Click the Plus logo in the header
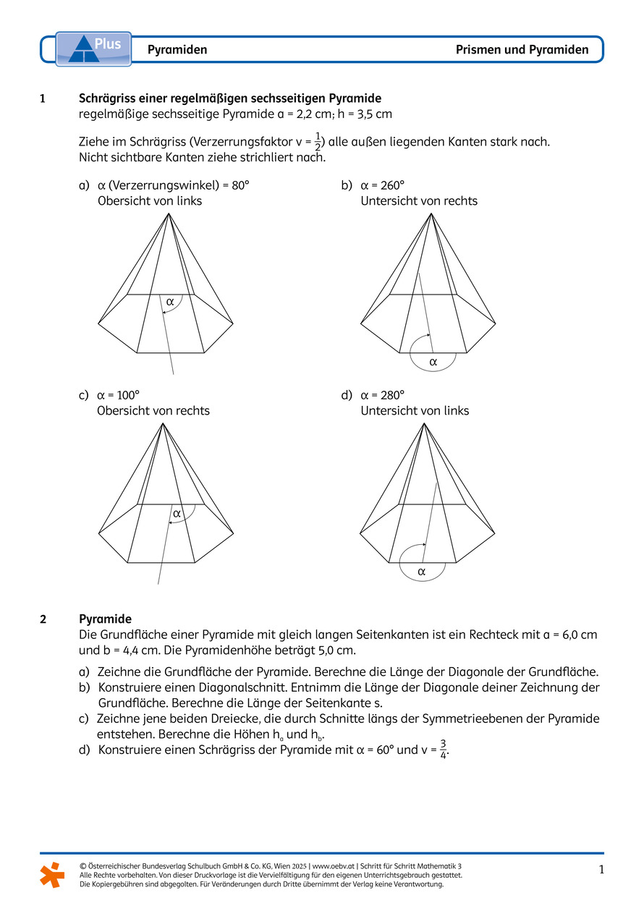[93, 48]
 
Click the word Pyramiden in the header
[177, 50]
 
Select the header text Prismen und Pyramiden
[522, 50]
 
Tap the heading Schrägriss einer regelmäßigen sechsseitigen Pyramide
[229, 98]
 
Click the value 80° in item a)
[240, 185]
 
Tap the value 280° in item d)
[393, 395]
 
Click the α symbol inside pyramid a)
[170, 301]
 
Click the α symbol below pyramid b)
[433, 361]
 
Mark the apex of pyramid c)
[164, 423]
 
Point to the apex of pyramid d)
[424, 423]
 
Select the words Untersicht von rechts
[419, 201]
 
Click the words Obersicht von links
[150, 201]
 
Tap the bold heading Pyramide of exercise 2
[105, 619]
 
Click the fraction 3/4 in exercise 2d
[443, 750]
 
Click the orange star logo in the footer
[52, 874]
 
